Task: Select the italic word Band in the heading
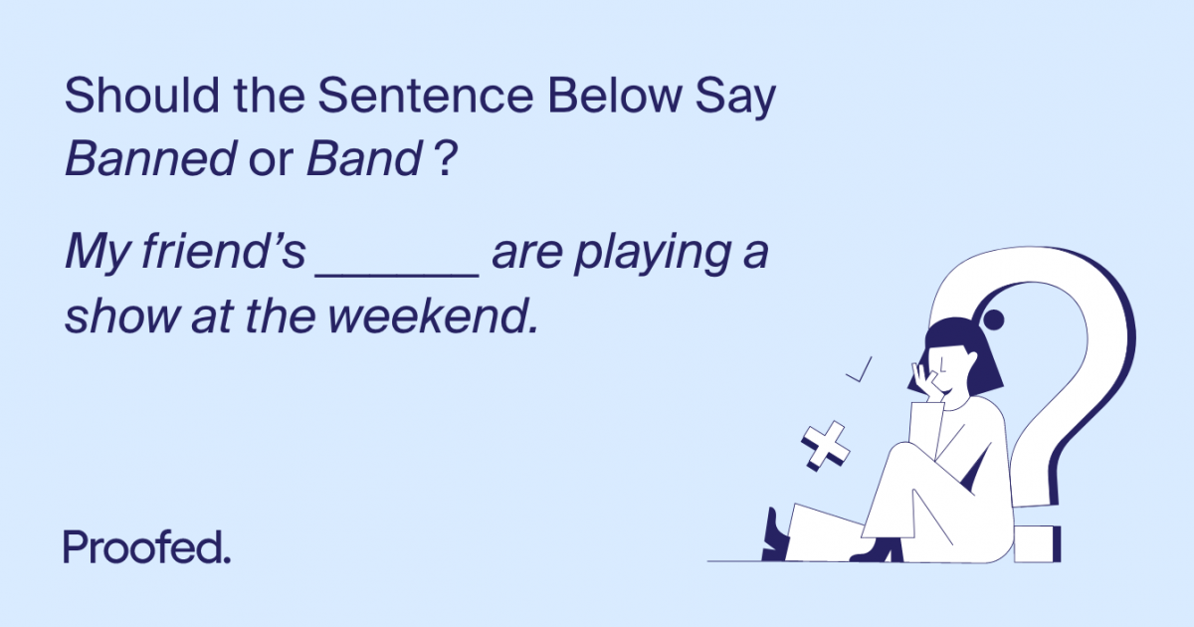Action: tap(363, 159)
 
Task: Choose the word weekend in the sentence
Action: tap(433, 317)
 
